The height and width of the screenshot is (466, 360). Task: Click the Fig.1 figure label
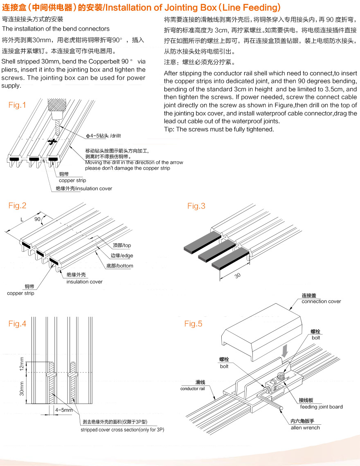point(17,105)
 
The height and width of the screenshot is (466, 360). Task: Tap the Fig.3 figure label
point(196,206)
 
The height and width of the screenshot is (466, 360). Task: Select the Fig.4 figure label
point(17,324)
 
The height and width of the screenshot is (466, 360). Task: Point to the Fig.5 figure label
point(193,324)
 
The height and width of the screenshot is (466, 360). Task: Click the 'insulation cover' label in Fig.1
point(84,188)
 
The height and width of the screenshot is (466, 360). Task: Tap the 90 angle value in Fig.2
point(38,220)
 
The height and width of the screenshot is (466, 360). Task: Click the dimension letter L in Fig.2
point(21,220)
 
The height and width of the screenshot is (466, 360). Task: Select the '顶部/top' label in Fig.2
point(122,245)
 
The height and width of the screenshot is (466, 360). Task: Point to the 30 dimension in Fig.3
point(237,276)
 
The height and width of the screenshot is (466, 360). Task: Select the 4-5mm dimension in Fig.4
point(64,410)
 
